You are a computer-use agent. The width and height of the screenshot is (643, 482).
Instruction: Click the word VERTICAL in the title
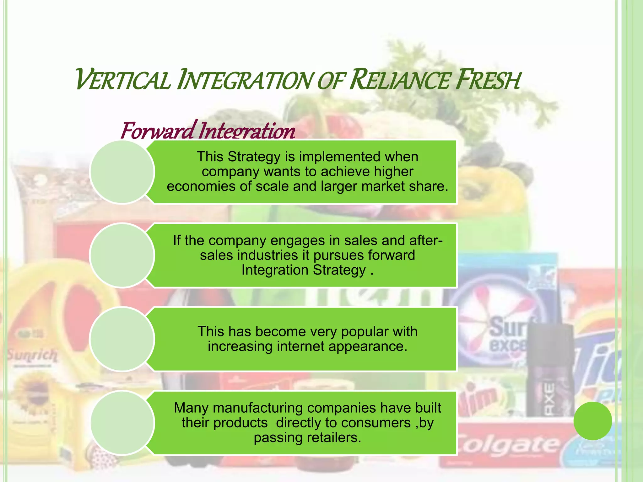point(123,80)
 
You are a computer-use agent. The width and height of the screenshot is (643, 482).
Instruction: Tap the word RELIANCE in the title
point(399,80)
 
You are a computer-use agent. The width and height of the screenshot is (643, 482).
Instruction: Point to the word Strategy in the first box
point(254,156)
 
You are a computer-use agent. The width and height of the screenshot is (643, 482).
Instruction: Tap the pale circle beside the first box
point(122,172)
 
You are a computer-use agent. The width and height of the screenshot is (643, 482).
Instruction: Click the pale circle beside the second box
point(122,255)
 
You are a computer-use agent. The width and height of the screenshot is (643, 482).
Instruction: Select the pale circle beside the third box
point(122,339)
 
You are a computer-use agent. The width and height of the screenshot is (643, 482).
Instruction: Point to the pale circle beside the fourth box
point(122,422)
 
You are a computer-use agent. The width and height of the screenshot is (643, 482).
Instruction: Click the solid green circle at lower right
point(592,421)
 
